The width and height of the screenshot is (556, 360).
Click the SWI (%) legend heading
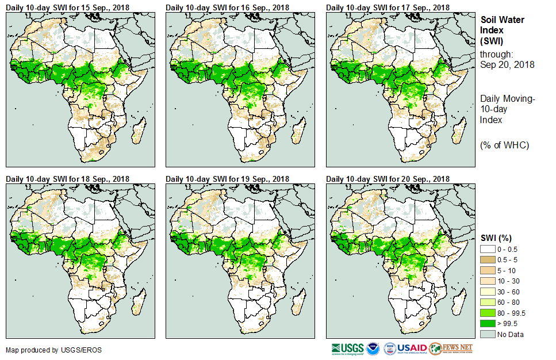click(496, 238)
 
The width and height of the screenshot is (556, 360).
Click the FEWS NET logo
click(451, 348)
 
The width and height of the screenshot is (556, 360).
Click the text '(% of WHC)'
click(504, 145)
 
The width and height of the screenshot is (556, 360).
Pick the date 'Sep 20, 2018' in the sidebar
click(507, 65)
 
